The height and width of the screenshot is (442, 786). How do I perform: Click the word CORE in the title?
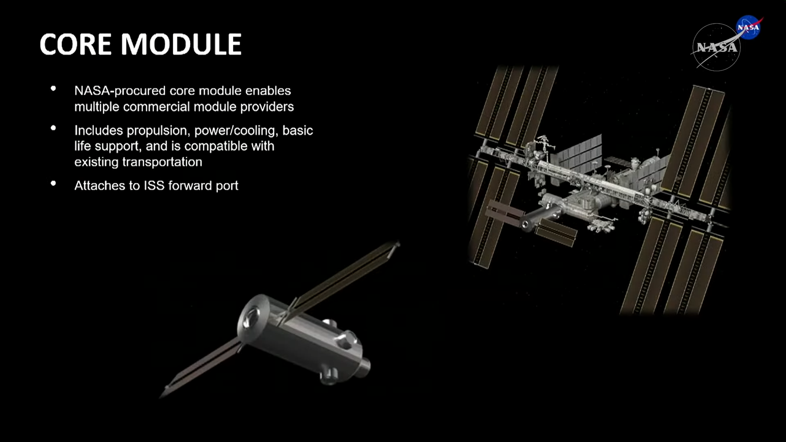point(75,44)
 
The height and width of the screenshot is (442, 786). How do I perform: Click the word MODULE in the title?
point(181,44)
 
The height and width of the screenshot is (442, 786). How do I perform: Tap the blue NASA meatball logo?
point(749,27)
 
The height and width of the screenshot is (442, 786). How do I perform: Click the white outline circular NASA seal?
point(716,47)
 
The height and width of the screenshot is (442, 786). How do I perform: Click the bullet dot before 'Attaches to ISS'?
point(53,184)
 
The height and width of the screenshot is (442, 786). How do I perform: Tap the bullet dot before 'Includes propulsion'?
point(53,128)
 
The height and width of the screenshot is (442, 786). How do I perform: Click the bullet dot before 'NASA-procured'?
point(53,88)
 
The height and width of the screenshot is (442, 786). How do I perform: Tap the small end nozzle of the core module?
point(364,367)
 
